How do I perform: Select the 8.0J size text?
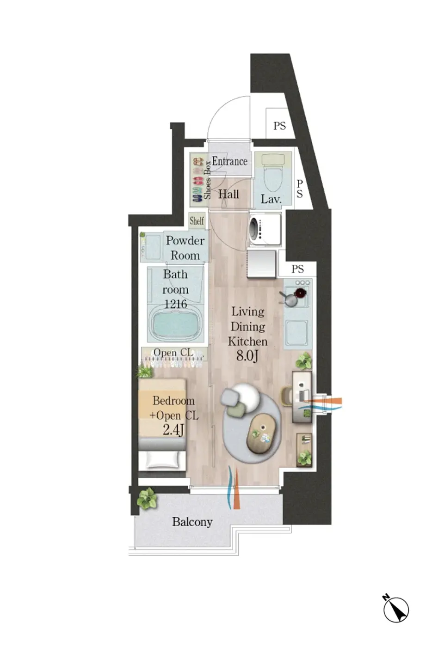pyautogui.click(x=247, y=356)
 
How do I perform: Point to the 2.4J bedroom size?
pyautogui.click(x=173, y=431)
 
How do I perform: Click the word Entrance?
pyautogui.click(x=229, y=161)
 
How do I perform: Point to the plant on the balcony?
pyautogui.click(x=147, y=498)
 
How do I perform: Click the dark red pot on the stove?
pyautogui.click(x=300, y=293)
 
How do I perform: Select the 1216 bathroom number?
pyautogui.click(x=175, y=304)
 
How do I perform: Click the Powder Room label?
pyautogui.click(x=185, y=248)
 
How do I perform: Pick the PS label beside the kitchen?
pyautogui.click(x=297, y=269)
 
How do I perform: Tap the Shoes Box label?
pyautogui.click(x=208, y=180)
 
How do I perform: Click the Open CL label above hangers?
pyautogui.click(x=173, y=353)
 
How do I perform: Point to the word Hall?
pyautogui.click(x=228, y=194)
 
